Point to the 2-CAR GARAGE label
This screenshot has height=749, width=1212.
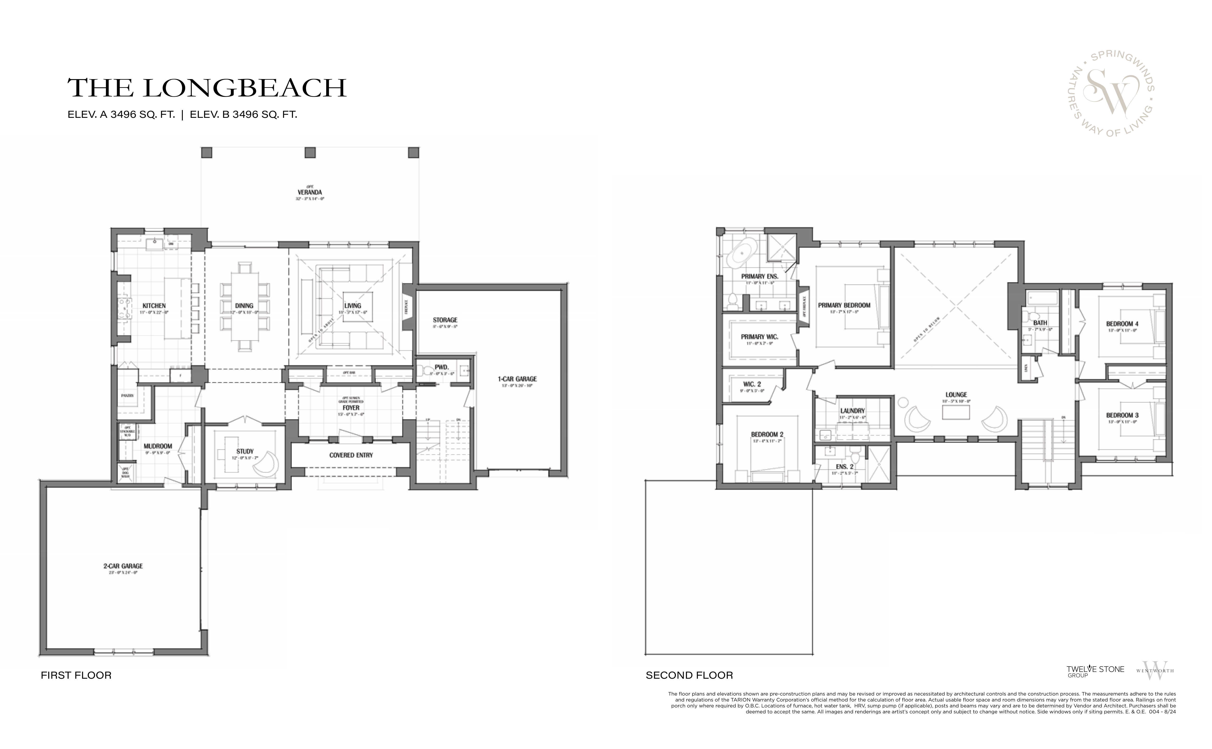[x=123, y=566]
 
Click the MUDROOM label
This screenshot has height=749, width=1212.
[x=158, y=446]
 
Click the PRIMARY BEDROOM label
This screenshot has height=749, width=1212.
[x=844, y=305]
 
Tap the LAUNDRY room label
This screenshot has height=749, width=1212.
[x=852, y=411]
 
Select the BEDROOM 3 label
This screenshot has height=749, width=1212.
[x=1122, y=415]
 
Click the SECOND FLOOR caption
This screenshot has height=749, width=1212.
[x=689, y=675]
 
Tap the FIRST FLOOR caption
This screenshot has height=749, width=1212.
[x=76, y=675]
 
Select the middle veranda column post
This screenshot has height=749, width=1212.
[x=310, y=153]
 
